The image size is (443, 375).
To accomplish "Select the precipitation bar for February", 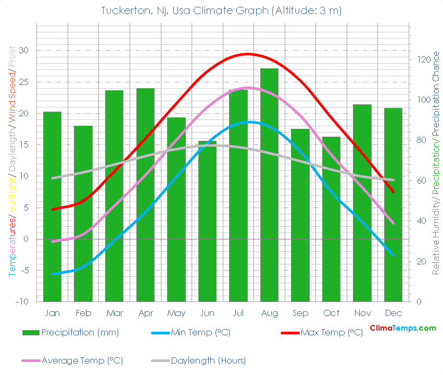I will point(83,213).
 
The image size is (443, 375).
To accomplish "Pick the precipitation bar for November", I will point(362,203).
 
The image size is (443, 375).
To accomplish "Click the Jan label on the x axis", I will point(52,313).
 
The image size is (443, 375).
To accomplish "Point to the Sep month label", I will point(300,313).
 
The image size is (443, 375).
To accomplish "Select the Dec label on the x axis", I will point(393,313).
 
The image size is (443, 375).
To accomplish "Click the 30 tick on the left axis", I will point(24,51).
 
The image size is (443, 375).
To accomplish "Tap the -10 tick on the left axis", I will point(22,302).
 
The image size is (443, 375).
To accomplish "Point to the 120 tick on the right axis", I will point(422,60).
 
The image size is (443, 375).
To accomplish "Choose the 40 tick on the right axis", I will point(420,221).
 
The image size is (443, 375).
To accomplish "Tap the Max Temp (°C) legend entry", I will point(332,333).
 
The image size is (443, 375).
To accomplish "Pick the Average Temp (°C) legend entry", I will point(82,360).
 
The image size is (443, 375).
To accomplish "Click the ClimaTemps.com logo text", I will point(402,328).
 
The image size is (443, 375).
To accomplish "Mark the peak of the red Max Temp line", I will point(248,54).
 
